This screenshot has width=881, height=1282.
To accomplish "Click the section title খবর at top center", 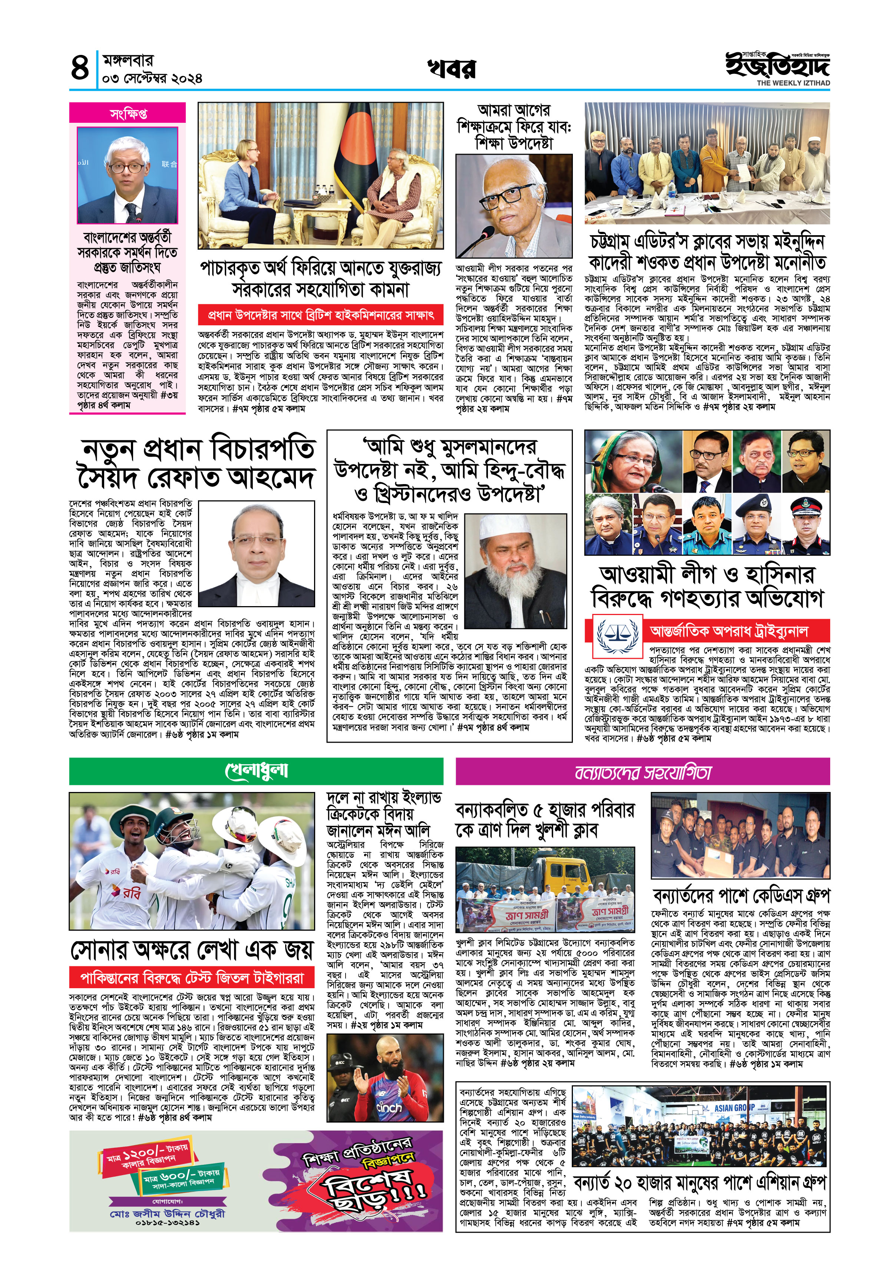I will tap(451, 69).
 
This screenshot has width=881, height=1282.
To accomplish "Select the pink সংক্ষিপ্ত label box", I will tap(128, 113).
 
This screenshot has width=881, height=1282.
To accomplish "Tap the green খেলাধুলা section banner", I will tap(256, 771).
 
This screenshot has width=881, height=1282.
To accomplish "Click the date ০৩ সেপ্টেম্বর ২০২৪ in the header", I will tap(152, 78).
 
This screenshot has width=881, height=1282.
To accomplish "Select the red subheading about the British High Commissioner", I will tap(321, 315).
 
